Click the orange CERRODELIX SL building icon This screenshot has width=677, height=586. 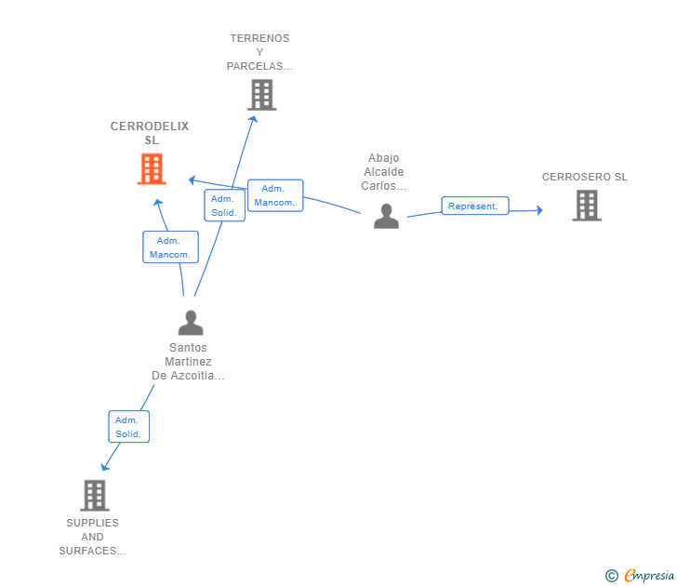coord(152,169)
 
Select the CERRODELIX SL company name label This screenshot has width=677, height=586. coord(150,133)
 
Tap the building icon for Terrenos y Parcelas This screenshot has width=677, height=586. coord(262,95)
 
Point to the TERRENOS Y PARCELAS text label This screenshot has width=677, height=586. coord(260,53)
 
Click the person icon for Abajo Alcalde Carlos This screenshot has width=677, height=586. coord(386,217)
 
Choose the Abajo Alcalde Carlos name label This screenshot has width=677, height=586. coord(383,172)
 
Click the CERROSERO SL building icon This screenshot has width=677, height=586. coord(587,206)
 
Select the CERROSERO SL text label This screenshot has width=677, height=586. coord(585,177)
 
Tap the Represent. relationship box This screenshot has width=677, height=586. coord(474,206)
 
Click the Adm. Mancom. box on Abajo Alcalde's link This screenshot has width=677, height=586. coord(275,195)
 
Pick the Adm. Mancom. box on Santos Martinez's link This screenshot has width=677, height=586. coord(170,247)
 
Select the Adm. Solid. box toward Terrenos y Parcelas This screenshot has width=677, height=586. coord(224,206)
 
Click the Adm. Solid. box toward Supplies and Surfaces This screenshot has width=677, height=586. coord(128,427)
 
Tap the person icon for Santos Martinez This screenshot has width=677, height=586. coord(191,324)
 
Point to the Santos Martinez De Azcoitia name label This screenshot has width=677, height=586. coord(188,362)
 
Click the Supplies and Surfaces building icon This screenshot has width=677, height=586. coord(94,496)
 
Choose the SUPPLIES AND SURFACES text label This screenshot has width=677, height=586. coord(92,537)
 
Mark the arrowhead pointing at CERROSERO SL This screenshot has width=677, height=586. coord(538,210)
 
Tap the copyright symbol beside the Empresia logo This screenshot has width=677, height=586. coord(612,576)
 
